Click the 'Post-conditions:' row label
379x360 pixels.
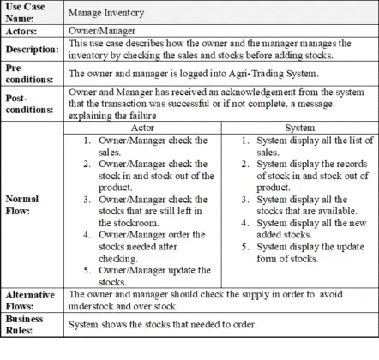(27, 103)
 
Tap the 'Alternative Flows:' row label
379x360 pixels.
(28, 299)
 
